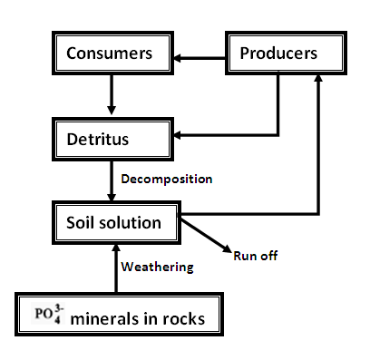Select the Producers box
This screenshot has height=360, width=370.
278,54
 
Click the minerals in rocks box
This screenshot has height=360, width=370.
118,317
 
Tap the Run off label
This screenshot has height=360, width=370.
255,256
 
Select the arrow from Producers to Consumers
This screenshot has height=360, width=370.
200,59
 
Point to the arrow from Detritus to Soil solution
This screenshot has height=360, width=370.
111,180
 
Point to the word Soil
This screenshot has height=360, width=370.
83,222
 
